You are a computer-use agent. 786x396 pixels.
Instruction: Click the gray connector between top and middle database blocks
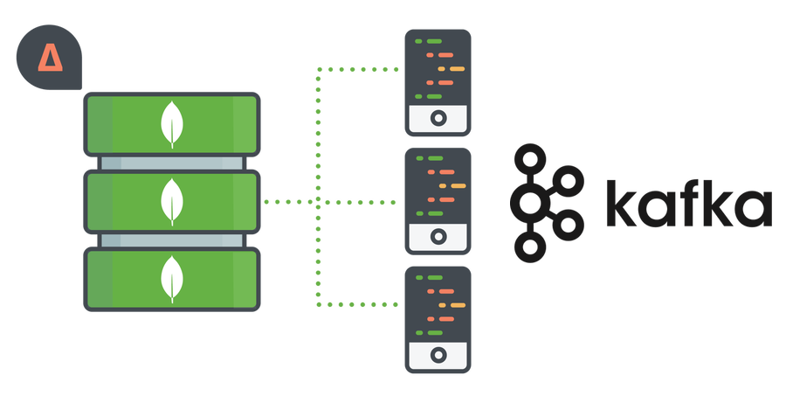coord(172,163)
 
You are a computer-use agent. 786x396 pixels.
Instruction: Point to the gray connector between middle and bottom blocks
coord(172,240)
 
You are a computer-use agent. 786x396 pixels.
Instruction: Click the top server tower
coord(438,82)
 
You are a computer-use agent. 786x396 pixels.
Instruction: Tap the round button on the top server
coord(438,117)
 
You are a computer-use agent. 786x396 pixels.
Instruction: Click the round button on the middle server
coord(438,235)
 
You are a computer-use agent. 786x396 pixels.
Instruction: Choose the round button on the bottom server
coord(438,354)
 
